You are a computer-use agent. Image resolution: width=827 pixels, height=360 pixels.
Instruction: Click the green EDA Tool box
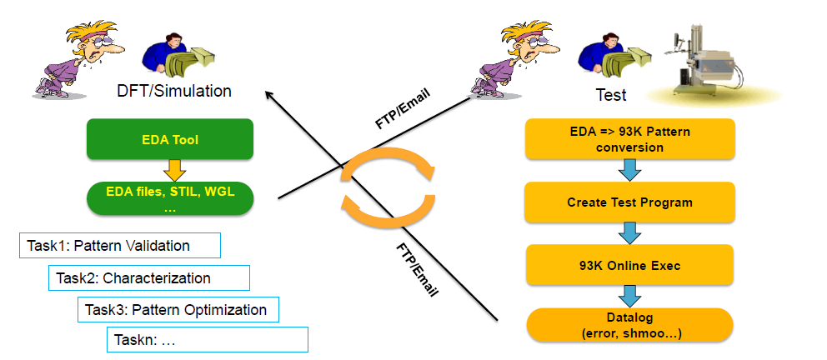(x=169, y=140)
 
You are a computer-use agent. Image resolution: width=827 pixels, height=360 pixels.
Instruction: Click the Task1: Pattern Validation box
(x=119, y=246)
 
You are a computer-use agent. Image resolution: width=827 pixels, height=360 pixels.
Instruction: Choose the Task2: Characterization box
(x=149, y=277)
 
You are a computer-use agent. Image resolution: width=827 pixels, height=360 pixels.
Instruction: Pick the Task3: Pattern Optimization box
(x=178, y=309)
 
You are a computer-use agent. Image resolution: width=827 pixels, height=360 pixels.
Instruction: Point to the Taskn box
(x=208, y=339)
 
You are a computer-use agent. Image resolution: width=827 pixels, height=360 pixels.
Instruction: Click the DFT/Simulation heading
(x=174, y=91)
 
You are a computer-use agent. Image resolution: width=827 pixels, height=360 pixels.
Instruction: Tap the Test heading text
(x=611, y=95)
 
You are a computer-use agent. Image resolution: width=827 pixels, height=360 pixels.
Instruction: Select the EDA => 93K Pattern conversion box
(x=629, y=139)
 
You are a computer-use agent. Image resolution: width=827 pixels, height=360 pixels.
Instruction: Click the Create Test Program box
(x=629, y=202)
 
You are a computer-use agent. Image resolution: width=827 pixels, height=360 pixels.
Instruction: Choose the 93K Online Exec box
(x=629, y=265)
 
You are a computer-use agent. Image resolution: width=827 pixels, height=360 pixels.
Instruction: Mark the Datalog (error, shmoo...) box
(x=629, y=326)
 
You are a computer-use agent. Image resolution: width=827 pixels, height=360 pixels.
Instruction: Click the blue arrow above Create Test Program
(x=629, y=171)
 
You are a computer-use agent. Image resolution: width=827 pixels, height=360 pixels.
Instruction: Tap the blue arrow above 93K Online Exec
(x=629, y=233)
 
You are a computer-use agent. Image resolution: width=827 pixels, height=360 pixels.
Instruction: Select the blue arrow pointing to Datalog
(x=629, y=296)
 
